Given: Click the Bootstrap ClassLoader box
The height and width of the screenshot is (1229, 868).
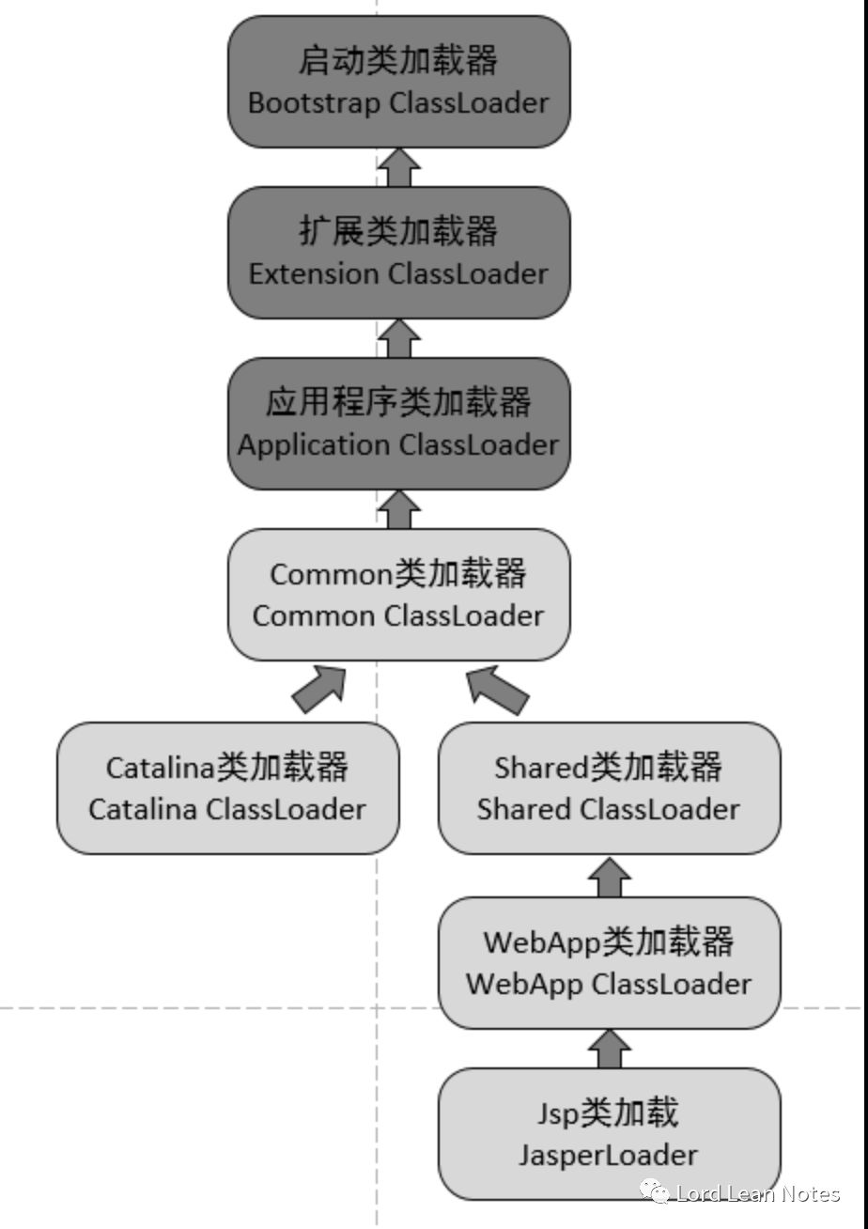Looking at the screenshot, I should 398,82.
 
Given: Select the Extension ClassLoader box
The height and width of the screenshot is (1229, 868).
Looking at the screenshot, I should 398,253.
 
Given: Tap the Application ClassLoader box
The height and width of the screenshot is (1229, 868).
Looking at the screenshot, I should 398,424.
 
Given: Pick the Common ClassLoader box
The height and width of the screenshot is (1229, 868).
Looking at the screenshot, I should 398,595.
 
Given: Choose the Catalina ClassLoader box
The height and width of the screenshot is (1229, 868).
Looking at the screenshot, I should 227,788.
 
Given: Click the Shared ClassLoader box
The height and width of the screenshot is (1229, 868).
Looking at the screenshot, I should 609,788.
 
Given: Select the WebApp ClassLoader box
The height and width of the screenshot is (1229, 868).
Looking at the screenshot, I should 609,963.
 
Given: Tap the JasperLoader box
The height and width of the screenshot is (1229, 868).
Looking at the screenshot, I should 609,1134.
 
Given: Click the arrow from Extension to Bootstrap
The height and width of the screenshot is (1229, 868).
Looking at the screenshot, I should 398,167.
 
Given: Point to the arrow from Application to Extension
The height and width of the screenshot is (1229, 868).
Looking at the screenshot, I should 398,338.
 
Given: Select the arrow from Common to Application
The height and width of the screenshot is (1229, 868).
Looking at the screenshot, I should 398,509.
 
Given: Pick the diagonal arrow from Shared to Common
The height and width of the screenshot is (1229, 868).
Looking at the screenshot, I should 497,690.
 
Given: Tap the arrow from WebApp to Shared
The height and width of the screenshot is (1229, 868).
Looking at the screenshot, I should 609,876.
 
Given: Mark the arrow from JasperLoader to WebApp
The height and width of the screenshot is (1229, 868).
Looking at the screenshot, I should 609,1048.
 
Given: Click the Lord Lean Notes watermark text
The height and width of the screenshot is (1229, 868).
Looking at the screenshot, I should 757,1193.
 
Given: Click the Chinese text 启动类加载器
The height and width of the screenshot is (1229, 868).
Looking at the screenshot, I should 398,60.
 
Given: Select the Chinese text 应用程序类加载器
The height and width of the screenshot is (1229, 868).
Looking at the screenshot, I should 398,402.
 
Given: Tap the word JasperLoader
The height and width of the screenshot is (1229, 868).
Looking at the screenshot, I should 609,1155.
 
